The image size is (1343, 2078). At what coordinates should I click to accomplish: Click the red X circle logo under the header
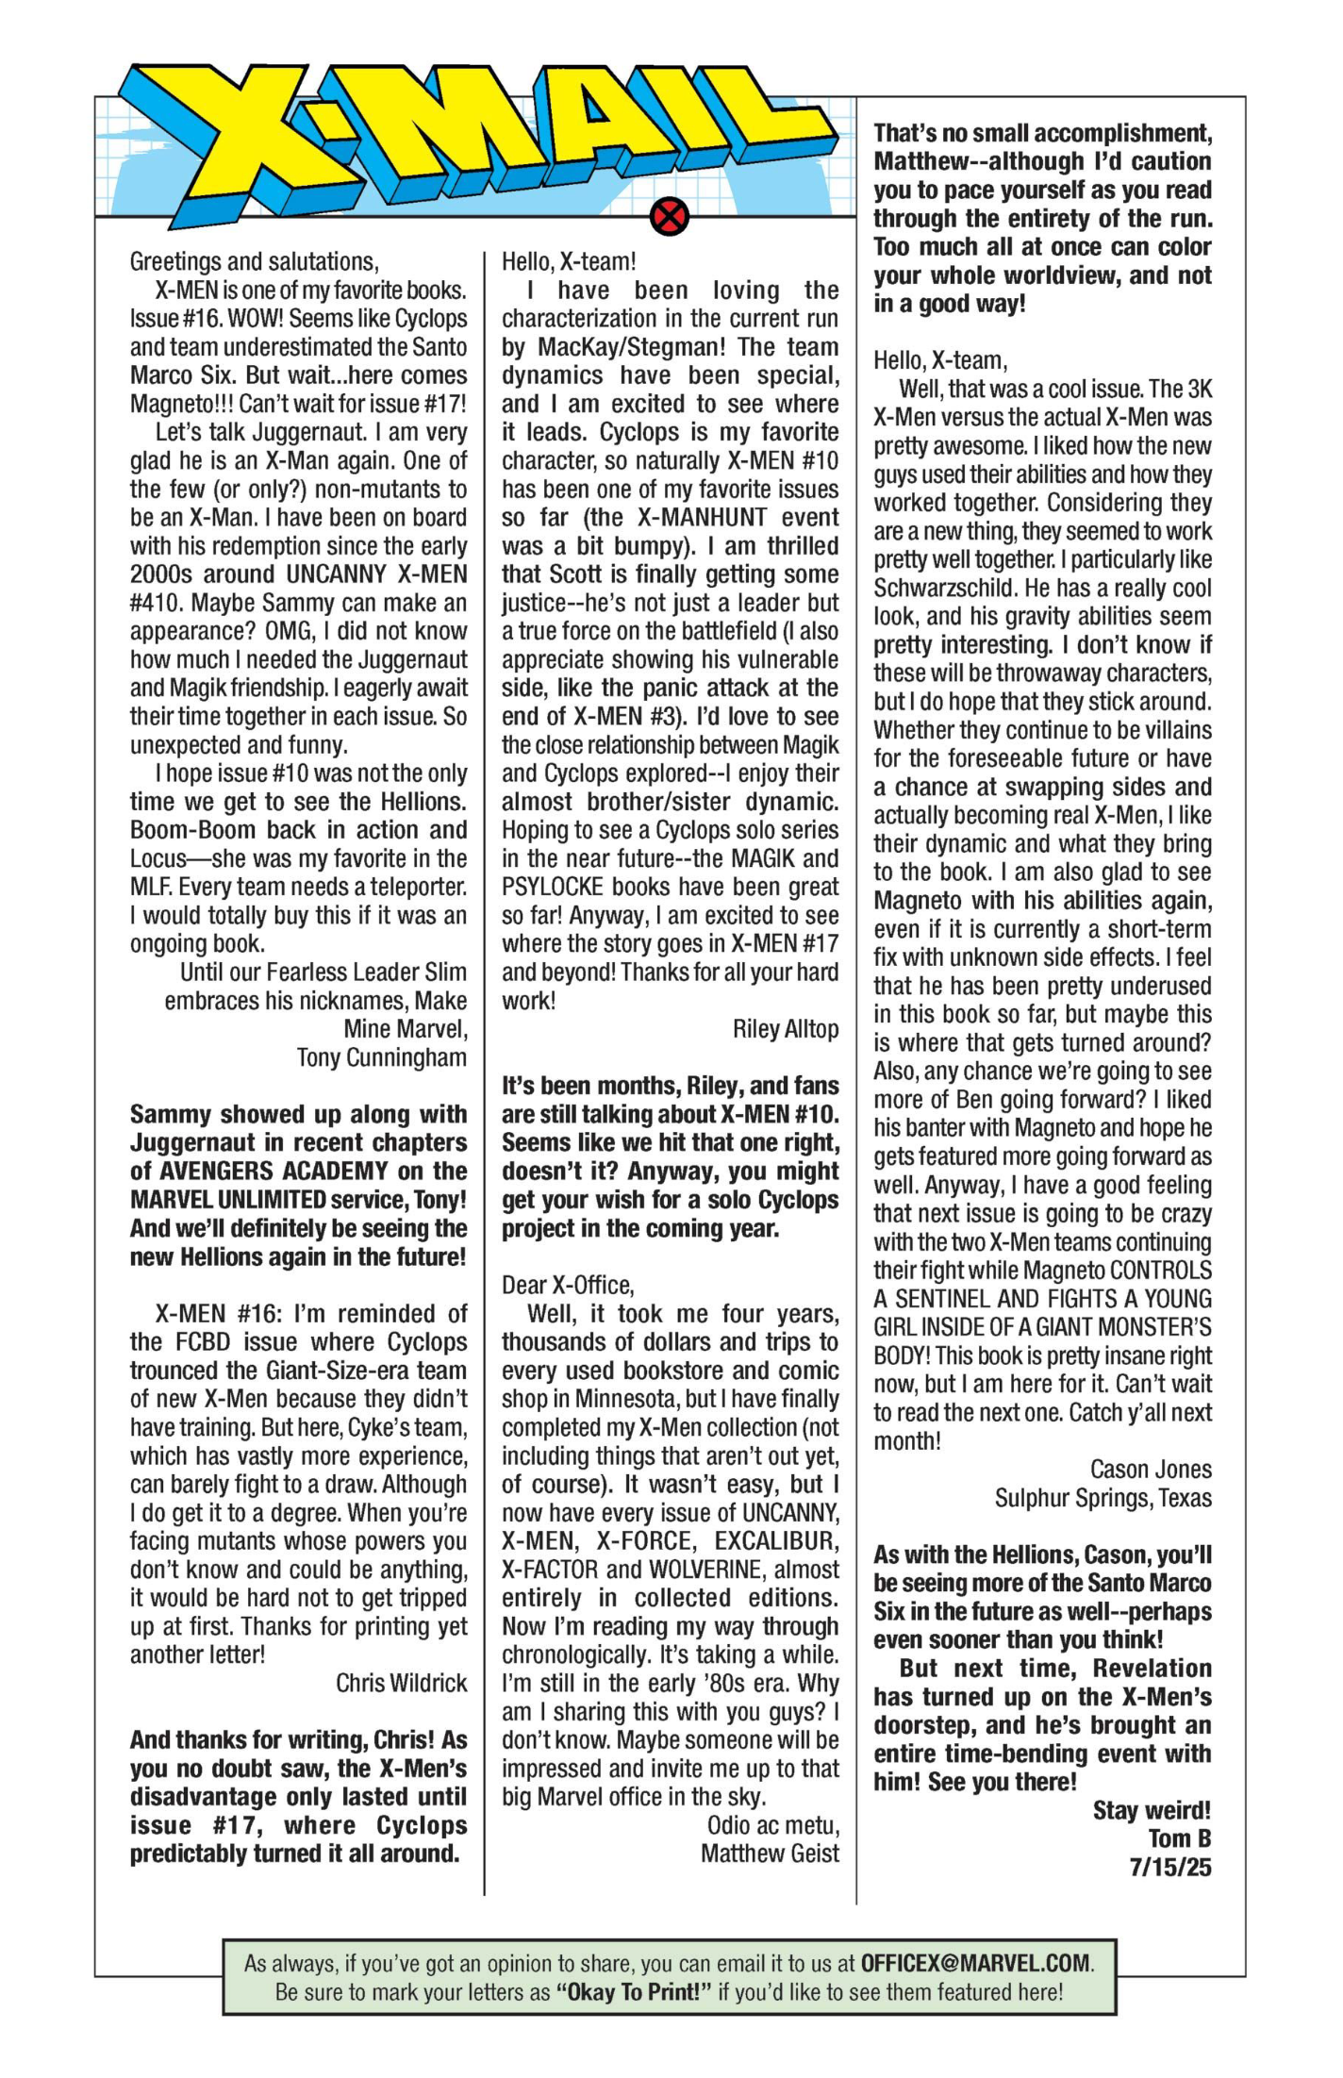coord(669,218)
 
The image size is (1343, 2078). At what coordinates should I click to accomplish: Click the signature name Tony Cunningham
coord(381,1057)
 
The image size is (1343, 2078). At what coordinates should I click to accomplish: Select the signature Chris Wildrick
coord(401,1683)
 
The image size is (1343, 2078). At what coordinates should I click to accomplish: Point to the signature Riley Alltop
coord(785,1029)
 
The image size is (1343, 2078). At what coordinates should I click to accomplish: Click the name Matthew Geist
coord(769,1854)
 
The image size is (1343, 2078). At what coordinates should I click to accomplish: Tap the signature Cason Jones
coord(1151,1470)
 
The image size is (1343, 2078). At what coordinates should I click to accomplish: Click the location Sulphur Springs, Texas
coord(1103,1498)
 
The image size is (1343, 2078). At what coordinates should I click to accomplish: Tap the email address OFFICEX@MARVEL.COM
coord(975,1963)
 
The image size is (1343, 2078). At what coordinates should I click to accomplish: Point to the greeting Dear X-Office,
coord(568,1285)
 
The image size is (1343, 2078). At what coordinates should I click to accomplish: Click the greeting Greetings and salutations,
coord(254,261)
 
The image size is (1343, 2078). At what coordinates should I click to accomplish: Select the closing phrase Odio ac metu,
coord(772,1825)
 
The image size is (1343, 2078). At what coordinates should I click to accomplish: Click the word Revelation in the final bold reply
coord(1152,1669)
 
